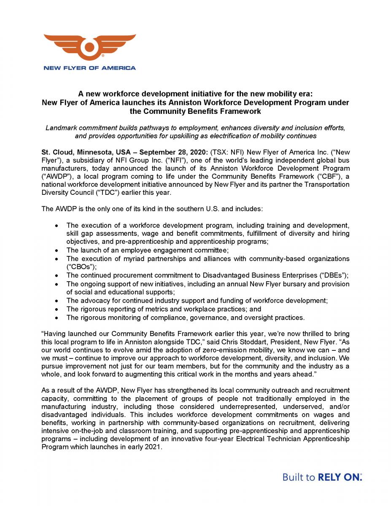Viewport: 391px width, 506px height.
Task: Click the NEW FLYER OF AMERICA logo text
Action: pos(89,68)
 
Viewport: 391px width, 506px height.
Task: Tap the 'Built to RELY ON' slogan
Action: pos(322,477)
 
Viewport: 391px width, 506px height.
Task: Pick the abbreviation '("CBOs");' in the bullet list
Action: pos(82,267)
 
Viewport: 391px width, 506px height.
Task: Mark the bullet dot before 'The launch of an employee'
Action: pos(57,250)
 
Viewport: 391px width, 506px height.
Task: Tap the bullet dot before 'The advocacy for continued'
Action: pos(57,301)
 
